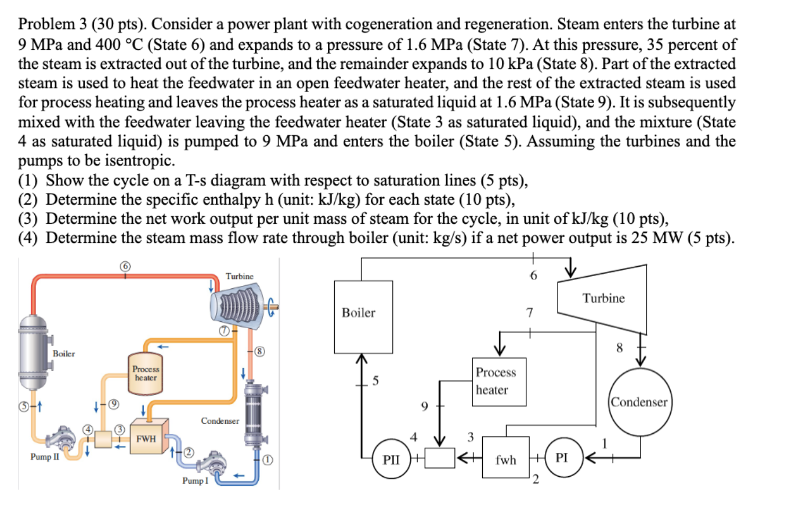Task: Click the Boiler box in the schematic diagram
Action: [363, 317]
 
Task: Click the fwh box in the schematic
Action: [505, 459]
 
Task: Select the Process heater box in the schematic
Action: [500, 380]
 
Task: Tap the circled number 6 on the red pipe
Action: [125, 266]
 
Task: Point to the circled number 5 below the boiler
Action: [24, 405]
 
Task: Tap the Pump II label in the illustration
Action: [44, 456]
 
